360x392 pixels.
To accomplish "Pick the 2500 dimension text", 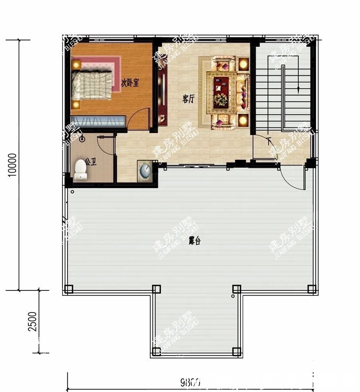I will pyautogui.click(x=34, y=321).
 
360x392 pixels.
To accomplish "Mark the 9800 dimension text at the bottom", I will pyautogui.click(x=190, y=382).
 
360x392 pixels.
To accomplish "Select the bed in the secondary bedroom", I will pyautogui.click(x=91, y=85).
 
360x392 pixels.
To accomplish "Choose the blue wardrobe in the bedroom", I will pyautogui.click(x=98, y=121).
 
